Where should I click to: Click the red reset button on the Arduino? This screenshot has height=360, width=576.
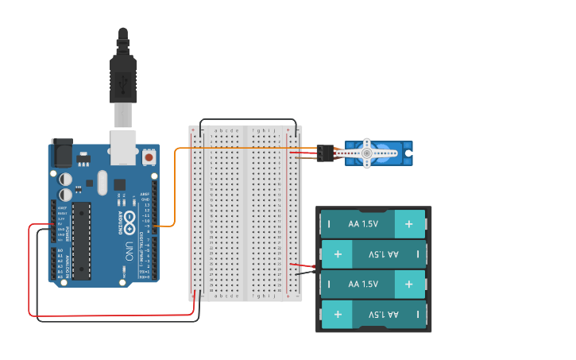coord(149,158)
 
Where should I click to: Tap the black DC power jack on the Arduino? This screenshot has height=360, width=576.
coord(61,153)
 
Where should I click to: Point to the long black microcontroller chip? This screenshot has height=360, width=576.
coord(81,240)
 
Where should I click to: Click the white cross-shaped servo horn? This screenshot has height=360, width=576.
coord(366,153)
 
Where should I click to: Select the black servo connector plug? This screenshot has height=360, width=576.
coord(324,153)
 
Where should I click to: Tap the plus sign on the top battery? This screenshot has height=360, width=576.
coord(409,224)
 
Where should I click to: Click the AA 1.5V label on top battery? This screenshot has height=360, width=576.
coord(363,224)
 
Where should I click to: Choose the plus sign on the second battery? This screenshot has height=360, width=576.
coord(338,254)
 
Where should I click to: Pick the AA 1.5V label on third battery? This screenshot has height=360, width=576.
coord(363,284)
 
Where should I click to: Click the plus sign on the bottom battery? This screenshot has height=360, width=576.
coord(338,315)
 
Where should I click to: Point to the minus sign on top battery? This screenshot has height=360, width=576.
coord(329,224)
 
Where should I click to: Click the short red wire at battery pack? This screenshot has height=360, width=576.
coord(302,265)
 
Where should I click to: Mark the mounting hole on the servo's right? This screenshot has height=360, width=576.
coord(408,153)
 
